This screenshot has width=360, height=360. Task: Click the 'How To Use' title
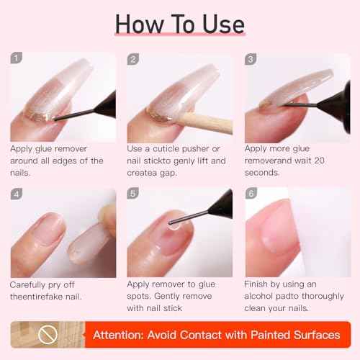[x=179, y=23]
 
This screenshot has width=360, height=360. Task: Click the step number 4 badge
[x=16, y=195]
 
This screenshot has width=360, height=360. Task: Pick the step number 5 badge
[x=134, y=195]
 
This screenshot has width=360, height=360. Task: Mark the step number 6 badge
[x=251, y=195]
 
